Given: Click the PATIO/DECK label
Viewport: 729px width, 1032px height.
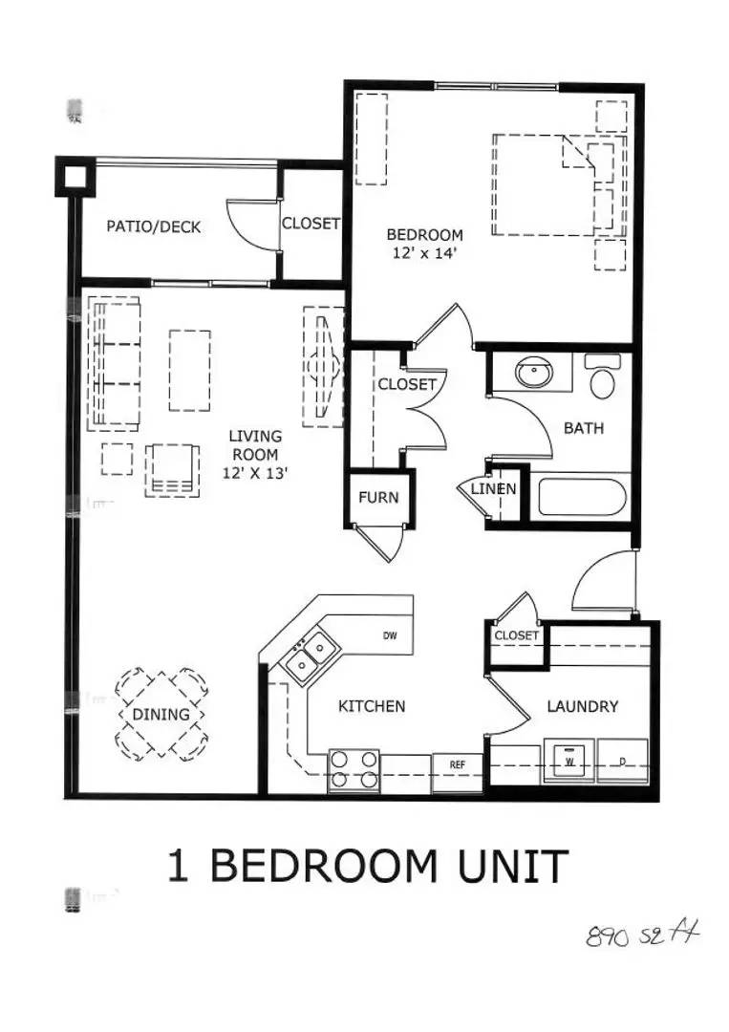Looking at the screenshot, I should coord(154,227).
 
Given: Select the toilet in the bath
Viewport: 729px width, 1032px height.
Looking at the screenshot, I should coord(603,378).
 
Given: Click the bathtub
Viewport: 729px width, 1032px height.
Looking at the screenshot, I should coord(580,497).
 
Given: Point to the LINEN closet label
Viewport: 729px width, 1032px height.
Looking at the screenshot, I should coord(493,489).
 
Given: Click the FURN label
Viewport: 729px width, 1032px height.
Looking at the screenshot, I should coord(378,498).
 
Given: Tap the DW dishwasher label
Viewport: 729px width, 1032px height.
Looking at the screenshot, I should coord(390,635).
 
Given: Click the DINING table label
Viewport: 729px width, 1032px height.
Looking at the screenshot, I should coord(161,715).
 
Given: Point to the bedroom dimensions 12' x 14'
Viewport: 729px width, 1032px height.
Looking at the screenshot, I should coord(424,253).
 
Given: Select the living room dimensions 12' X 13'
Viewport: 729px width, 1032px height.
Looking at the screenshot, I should coord(253,472).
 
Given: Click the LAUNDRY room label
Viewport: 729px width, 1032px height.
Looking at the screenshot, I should coord(583,707).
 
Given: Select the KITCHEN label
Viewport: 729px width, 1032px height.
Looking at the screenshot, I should coord(373,707).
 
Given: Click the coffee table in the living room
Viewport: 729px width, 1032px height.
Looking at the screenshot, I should coord(189,370).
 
